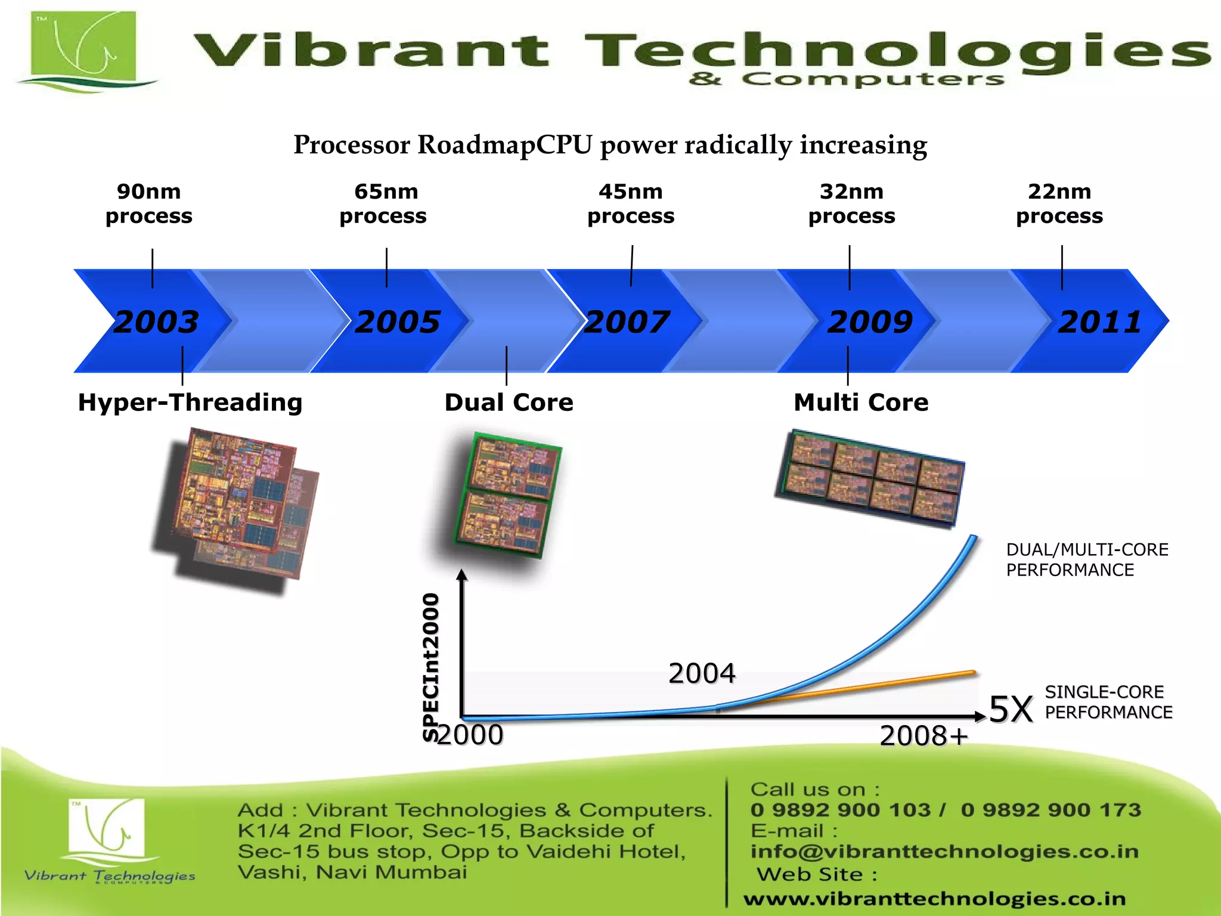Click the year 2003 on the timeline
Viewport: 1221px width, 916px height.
coord(156,322)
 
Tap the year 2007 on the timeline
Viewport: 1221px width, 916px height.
coord(627,322)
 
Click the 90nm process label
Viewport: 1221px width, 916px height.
coord(149,203)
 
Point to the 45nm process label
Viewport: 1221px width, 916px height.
coord(631,203)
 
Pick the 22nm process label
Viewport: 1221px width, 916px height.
coord(1059,203)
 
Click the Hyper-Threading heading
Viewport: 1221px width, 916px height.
coord(190,403)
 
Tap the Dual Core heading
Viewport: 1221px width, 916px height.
coord(509,403)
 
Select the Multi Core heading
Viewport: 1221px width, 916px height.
coord(861,403)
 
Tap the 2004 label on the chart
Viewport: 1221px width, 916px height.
coord(702,673)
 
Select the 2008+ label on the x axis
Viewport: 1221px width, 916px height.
coord(924,736)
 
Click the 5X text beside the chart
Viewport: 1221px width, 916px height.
coord(1011,710)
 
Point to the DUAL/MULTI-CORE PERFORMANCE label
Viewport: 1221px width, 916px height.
coord(1087,559)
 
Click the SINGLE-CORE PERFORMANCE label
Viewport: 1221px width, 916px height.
coord(1108,702)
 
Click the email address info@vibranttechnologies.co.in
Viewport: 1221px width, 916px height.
coord(944,852)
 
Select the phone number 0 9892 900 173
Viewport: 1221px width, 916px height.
coord(1050,810)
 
